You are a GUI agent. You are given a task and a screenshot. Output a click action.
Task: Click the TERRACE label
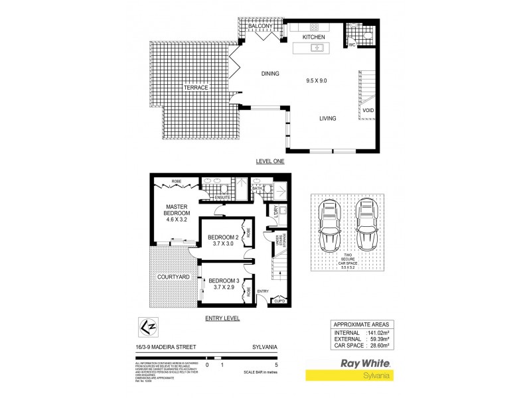point(196,88)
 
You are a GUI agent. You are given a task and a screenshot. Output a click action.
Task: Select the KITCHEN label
point(313,38)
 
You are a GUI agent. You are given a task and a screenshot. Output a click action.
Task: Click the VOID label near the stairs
point(367,109)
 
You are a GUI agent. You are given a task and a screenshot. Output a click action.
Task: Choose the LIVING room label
point(327,119)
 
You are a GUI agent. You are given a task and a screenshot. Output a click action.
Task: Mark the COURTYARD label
point(173,276)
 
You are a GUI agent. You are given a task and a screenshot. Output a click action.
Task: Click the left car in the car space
point(330,226)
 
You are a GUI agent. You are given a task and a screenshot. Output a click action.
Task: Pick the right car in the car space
point(366,226)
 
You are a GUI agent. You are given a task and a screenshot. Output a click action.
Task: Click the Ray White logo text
point(364,363)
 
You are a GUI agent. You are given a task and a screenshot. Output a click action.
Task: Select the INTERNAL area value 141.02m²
point(380,332)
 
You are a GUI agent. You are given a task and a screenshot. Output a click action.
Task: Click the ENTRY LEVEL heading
point(222,318)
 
